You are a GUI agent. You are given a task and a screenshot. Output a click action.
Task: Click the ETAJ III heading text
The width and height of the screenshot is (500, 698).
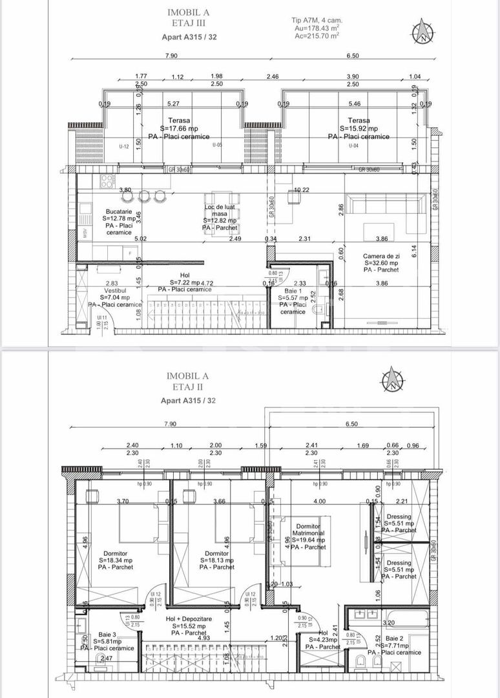tap(188, 23)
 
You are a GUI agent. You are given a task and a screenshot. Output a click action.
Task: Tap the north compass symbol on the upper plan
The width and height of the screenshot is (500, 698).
tap(423, 30)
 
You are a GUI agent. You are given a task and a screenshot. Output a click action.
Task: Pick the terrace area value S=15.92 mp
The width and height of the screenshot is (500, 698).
tap(358, 129)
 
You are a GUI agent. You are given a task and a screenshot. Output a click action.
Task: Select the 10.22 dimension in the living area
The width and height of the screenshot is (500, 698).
tap(302, 189)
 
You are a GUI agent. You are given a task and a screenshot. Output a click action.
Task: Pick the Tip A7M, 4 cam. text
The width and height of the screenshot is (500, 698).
tap(317, 20)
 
